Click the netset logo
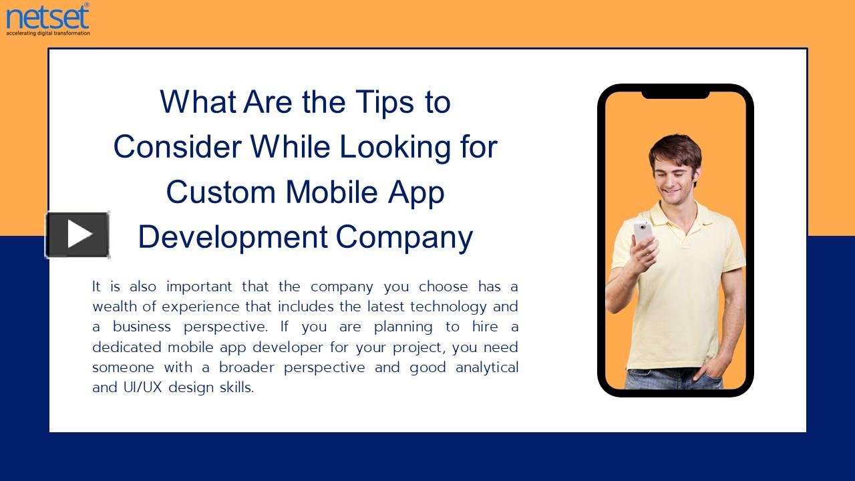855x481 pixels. point(47,17)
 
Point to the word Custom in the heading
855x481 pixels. point(221,192)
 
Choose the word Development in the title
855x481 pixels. point(232,237)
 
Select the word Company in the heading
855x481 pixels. point(404,237)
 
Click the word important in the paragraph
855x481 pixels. point(199,287)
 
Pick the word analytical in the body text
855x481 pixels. point(486,367)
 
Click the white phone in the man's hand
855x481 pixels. point(643,232)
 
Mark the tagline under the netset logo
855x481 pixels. point(47,32)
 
